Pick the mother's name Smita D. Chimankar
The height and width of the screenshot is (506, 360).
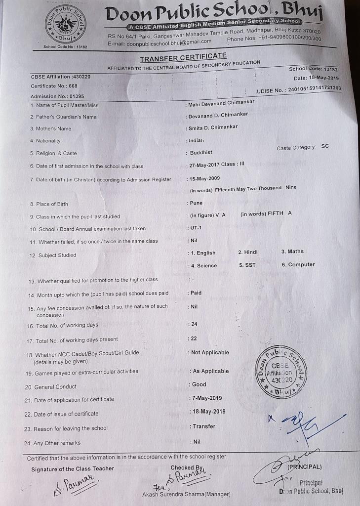tap(213, 127)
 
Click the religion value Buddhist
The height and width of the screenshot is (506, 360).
tap(202, 153)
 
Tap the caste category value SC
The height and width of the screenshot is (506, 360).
tap(324, 147)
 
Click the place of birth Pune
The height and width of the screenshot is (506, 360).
tap(196, 203)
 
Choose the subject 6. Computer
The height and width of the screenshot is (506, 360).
tap(298, 264)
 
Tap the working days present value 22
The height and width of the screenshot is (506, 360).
tap(194, 338)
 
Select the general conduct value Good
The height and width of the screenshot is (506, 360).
tap(199, 384)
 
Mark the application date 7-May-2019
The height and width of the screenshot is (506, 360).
tap(207, 398)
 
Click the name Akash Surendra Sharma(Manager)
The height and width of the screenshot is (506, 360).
tap(186, 494)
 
